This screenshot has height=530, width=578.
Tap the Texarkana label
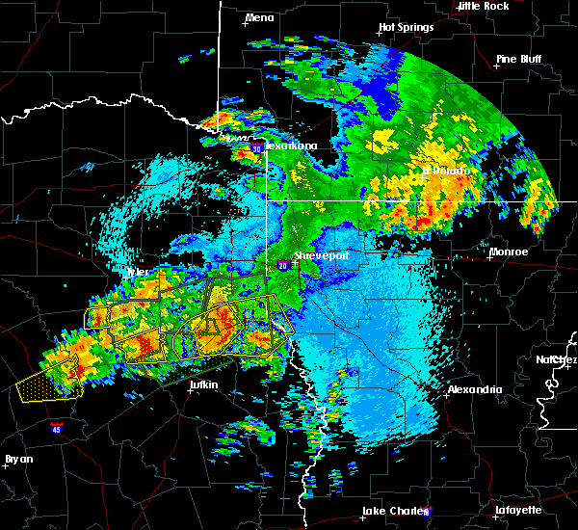click(291, 146)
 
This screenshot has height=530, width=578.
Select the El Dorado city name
click(446, 171)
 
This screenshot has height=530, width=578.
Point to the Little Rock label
click(484, 6)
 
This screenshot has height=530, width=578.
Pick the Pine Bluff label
click(519, 59)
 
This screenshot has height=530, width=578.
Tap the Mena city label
click(259, 17)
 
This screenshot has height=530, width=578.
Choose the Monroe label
click(509, 252)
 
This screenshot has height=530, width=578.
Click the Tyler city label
click(139, 272)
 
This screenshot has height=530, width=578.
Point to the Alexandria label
click(474, 389)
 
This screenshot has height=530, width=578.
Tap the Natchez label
click(557, 359)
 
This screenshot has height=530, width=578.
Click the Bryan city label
click(18, 459)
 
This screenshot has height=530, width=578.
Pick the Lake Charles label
click(392, 511)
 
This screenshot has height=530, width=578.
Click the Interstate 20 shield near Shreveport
click(281, 265)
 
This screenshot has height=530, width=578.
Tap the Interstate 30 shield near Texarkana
click(256, 149)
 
